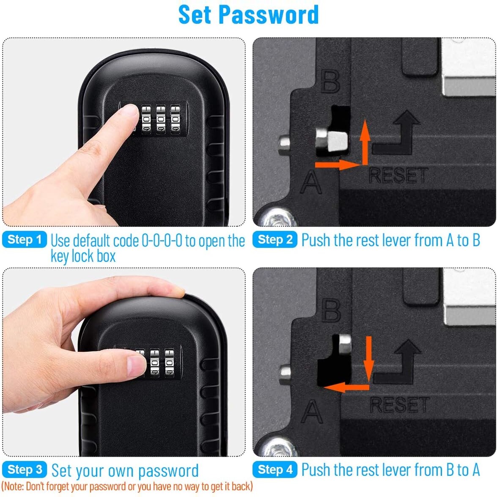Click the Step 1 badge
[25, 240]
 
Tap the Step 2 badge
[275, 240]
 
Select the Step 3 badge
[25, 470]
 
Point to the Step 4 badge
[275, 470]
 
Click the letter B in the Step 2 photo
[330, 81]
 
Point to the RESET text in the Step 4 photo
[399, 405]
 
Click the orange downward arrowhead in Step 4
[369, 370]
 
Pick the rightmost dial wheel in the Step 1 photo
[175, 119]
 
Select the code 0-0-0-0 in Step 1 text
[162, 241]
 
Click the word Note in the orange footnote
[12, 486]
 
